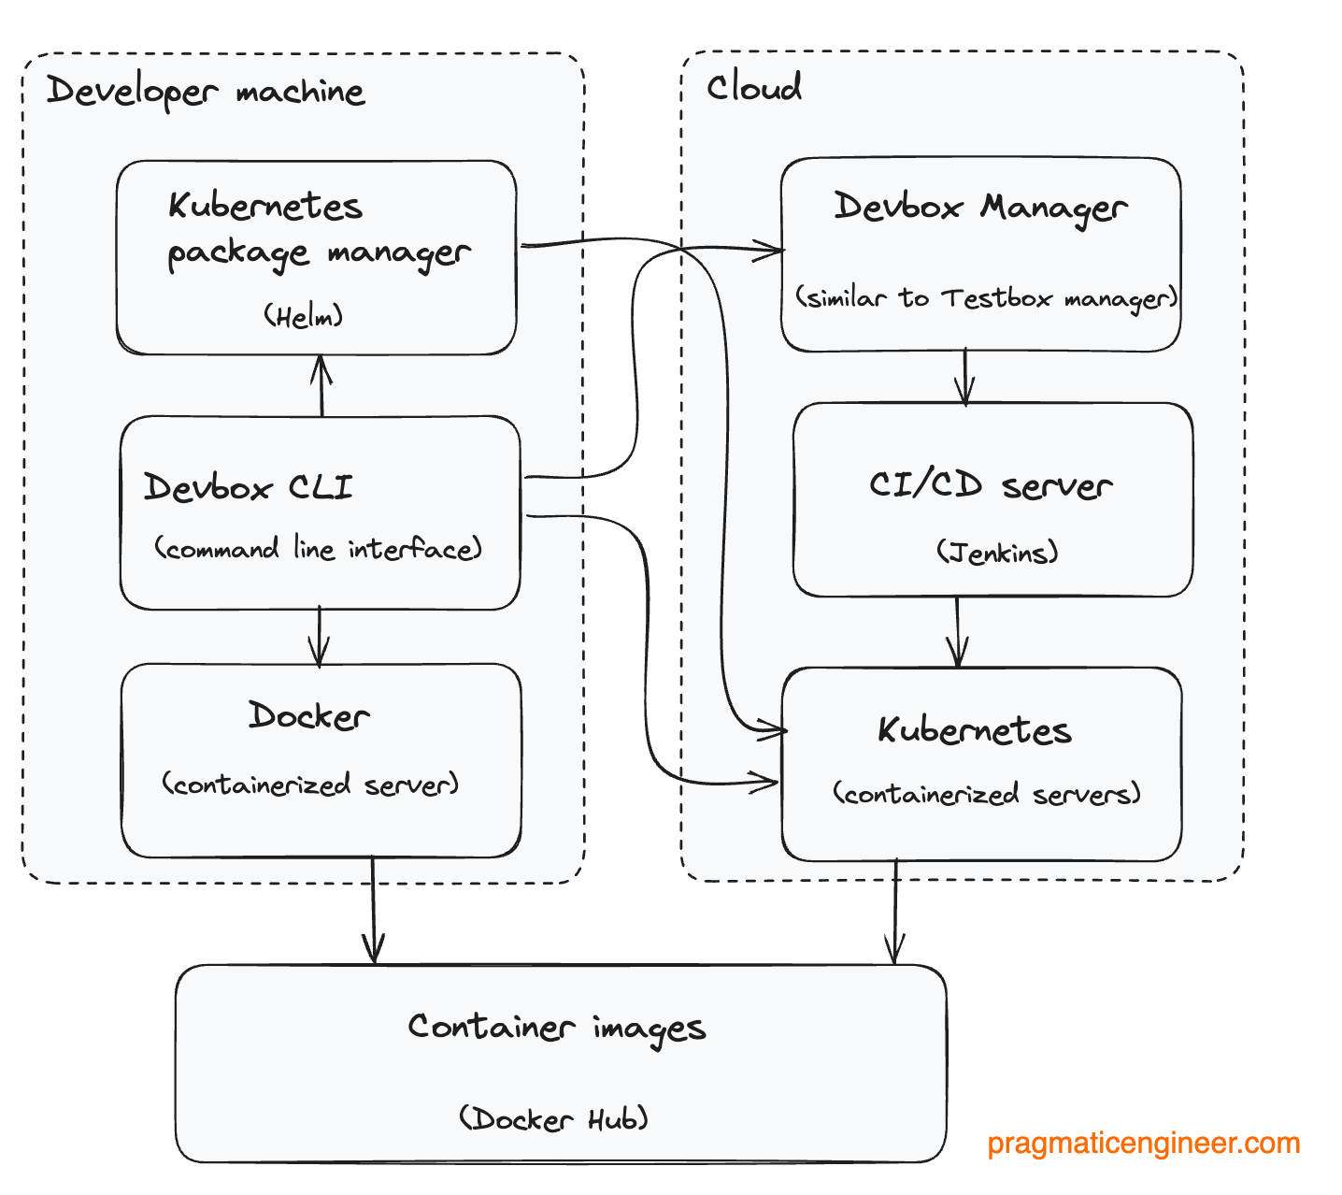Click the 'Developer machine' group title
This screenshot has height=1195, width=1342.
[206, 92]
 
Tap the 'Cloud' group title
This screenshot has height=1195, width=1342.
[753, 88]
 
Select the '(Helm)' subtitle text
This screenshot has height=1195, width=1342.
[303, 316]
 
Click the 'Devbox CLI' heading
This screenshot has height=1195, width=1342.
[249, 487]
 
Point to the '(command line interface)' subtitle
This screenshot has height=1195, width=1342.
[318, 548]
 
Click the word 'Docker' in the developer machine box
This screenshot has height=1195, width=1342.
[308, 716]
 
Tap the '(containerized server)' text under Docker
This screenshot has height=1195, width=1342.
[310, 784]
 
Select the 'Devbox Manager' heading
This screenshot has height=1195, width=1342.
[980, 207]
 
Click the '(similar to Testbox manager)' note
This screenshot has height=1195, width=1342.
[986, 298]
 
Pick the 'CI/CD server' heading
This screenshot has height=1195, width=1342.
[991, 485]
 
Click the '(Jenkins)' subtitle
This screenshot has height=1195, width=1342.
[997, 552]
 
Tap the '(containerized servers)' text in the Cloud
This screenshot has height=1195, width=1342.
[987, 794]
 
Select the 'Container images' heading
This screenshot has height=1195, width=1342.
[557, 1028]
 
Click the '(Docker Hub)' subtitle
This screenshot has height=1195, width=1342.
[553, 1118]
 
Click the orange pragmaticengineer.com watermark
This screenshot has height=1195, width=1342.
[1143, 1143]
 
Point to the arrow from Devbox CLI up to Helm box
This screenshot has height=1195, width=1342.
[321, 385]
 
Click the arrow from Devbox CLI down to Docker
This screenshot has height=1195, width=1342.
[320, 636]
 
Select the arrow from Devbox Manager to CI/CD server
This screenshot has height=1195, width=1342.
[965, 377]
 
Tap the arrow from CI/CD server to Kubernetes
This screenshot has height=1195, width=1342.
[957, 632]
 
